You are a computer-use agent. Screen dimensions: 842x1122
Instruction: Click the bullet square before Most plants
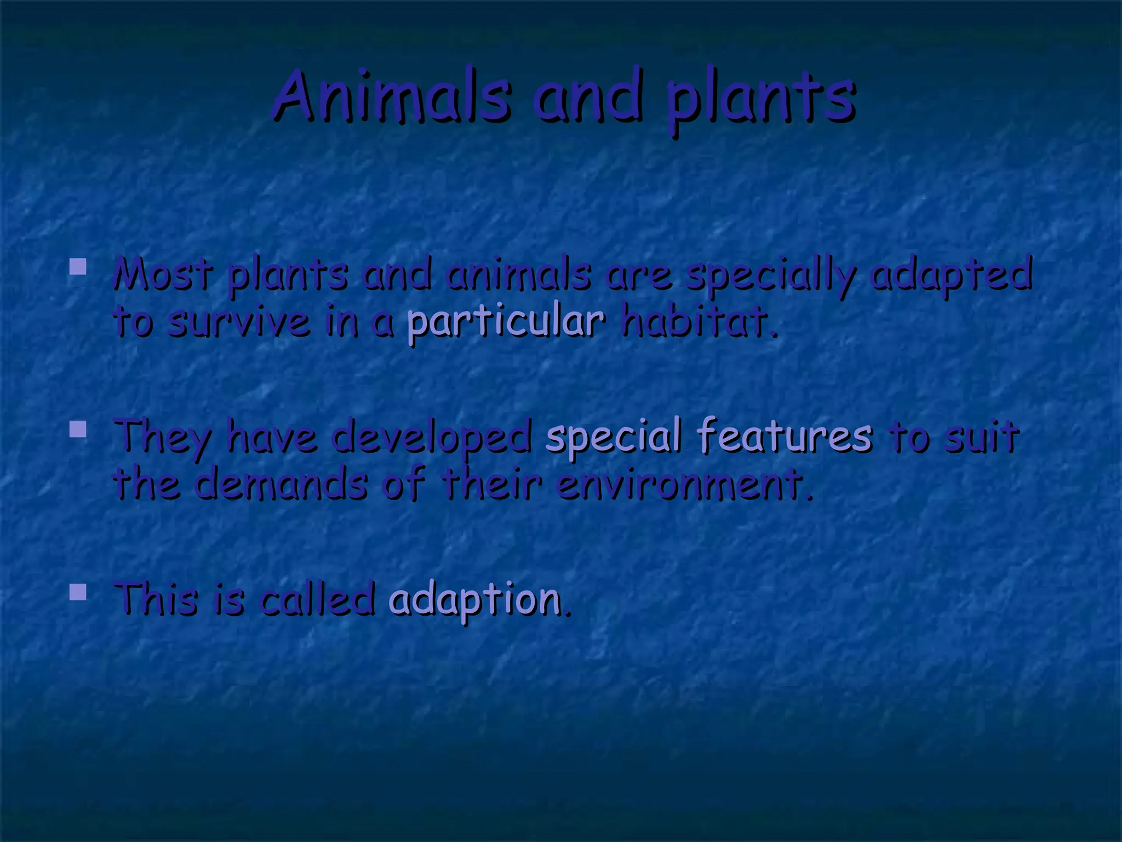point(78,267)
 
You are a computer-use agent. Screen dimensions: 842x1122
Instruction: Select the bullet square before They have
point(78,429)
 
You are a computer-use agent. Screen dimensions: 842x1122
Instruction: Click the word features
point(784,435)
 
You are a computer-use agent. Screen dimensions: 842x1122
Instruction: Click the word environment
point(683,485)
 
